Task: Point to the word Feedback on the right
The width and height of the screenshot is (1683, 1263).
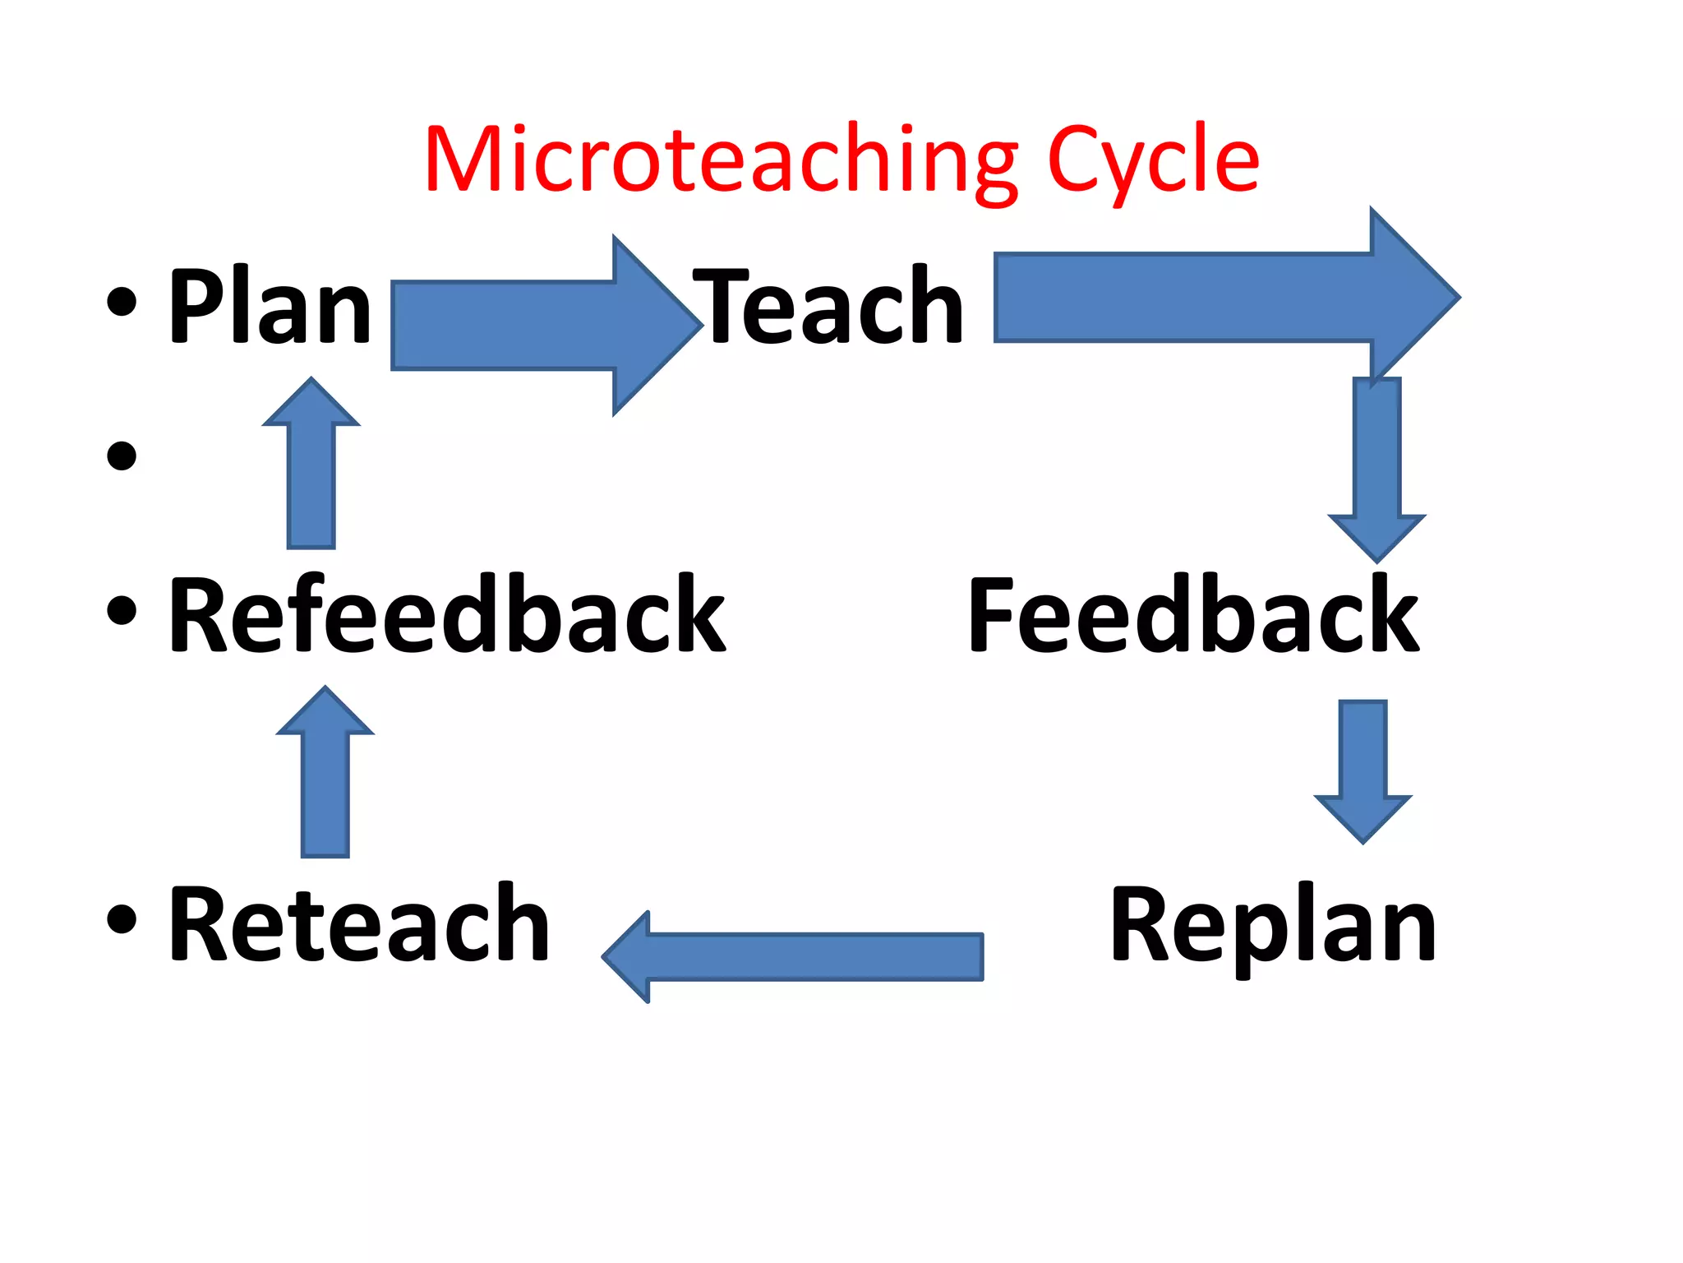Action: click(x=1193, y=615)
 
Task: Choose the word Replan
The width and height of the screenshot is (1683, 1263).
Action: click(x=1273, y=924)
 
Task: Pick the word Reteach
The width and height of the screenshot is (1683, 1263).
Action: click(x=359, y=924)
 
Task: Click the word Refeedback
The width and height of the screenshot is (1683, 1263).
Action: click(x=446, y=615)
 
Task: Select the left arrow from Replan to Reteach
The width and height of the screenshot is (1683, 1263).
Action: click(x=793, y=956)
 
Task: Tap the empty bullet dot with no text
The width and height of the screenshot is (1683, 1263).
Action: click(x=122, y=456)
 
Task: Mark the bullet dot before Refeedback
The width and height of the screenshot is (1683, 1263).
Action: click(x=122, y=609)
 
